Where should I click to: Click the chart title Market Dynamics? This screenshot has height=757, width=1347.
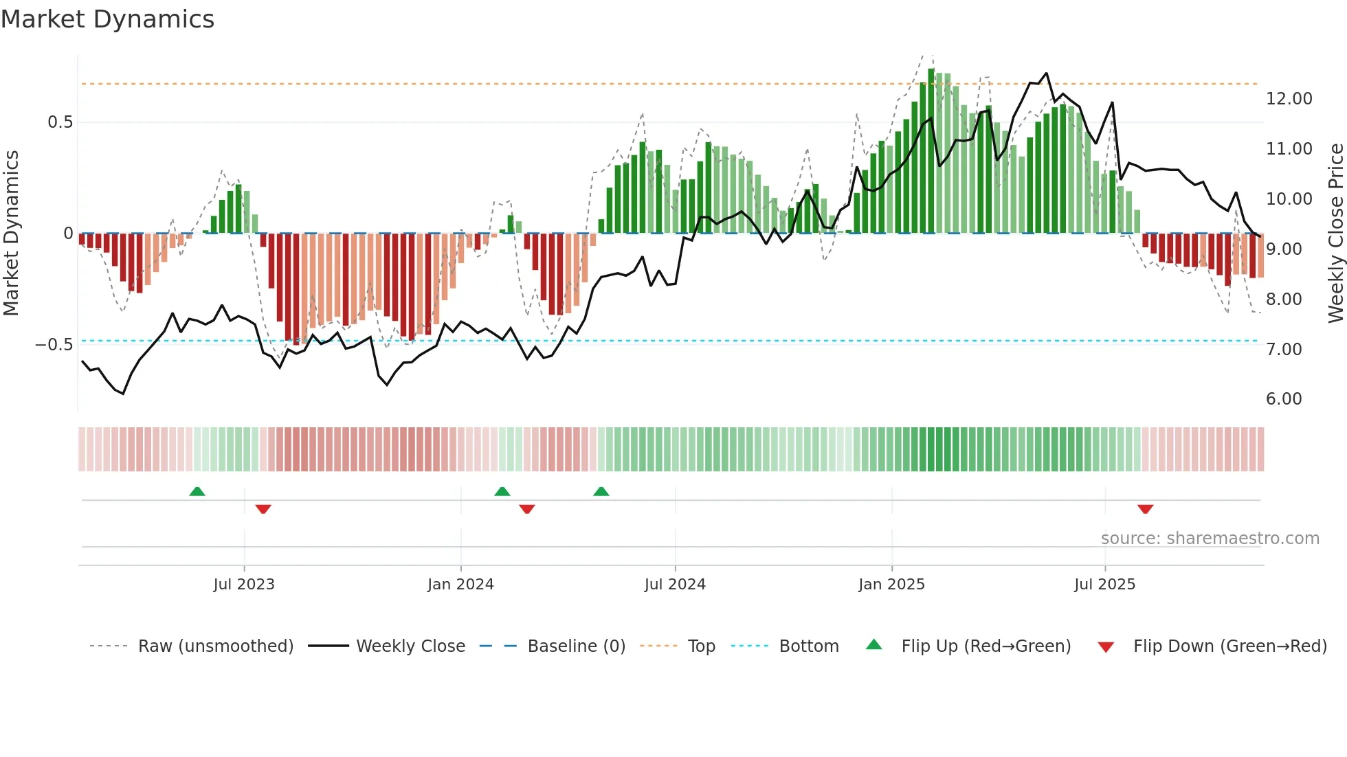(108, 19)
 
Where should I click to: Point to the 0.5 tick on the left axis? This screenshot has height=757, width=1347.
(60, 122)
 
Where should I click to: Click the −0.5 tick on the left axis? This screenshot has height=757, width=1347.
(54, 345)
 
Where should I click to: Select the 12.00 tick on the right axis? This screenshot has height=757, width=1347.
(1289, 99)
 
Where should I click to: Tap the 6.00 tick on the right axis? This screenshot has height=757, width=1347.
(1284, 399)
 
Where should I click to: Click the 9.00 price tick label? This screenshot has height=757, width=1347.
(1284, 249)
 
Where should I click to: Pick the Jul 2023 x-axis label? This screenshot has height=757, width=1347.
(244, 585)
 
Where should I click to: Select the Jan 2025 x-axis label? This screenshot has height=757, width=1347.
(891, 585)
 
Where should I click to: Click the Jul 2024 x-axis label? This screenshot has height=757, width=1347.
(675, 585)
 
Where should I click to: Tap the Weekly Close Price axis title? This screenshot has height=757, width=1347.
(1335, 233)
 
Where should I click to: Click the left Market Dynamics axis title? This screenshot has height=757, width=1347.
(11, 233)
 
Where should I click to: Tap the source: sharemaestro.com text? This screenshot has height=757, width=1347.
(1210, 539)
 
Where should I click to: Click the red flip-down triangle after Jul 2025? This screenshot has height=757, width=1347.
(1145, 509)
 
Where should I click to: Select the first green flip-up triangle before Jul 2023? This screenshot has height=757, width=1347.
(197, 491)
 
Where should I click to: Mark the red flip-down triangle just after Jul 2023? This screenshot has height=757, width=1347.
(263, 509)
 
